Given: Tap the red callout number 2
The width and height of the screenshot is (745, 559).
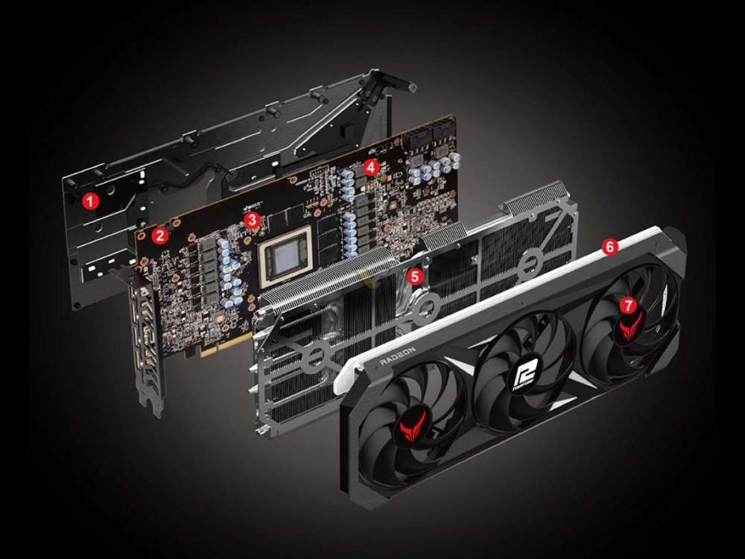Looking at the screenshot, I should click(158, 236).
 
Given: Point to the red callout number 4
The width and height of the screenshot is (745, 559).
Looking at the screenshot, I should click(372, 167).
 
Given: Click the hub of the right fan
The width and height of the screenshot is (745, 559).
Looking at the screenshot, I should click(630, 322).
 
